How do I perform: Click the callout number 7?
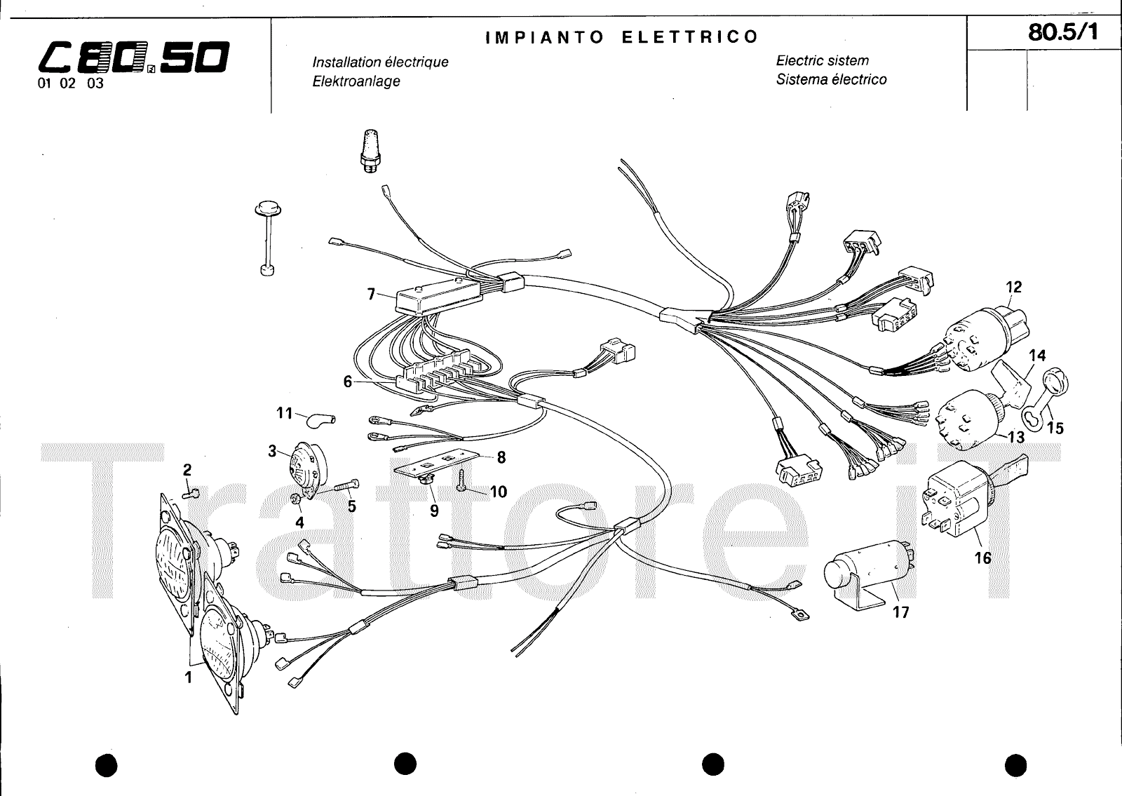point(371,295)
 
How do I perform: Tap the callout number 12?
point(1013,287)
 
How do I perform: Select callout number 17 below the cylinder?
point(900,612)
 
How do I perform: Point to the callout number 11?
point(283,413)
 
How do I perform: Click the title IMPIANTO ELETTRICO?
point(622,36)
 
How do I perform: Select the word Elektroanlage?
point(356,81)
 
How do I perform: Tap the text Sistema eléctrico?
point(831,79)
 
